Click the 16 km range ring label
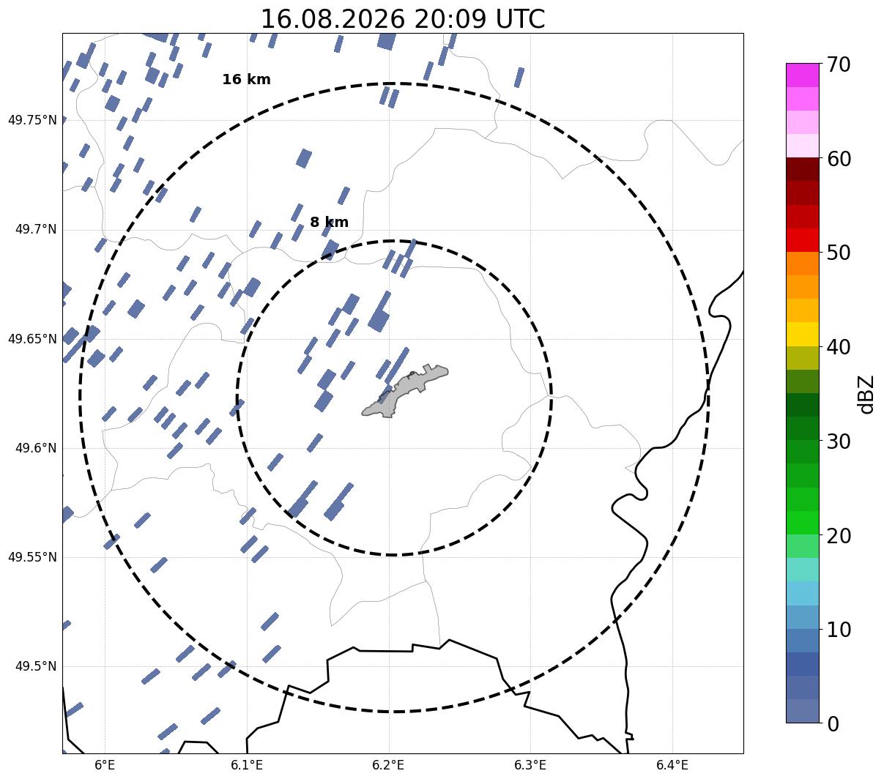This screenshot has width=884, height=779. point(247,79)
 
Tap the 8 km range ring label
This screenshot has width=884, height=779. point(330,222)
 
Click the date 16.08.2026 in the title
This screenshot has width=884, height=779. point(333,19)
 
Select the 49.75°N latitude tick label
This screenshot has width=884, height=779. point(32,120)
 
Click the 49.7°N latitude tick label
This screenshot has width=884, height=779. point(36,229)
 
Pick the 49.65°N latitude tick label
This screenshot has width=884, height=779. point(32,339)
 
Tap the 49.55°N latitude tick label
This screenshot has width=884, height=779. point(32,557)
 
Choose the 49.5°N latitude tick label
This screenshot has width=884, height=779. point(36,666)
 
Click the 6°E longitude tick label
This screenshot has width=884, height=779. point(105,764)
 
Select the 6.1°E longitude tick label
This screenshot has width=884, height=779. point(247,764)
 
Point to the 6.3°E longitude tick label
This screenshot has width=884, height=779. point(530,764)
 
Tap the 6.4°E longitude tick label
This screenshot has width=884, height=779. point(672,764)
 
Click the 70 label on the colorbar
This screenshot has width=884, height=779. point(839,65)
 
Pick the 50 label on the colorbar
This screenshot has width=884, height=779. point(839,253)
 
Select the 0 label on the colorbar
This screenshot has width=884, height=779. point(833,724)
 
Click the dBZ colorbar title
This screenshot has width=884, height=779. point(865,395)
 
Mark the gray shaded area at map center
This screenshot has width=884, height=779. point(404,391)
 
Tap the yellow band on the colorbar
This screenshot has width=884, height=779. point(803,334)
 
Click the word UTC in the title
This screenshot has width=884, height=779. point(521,19)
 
